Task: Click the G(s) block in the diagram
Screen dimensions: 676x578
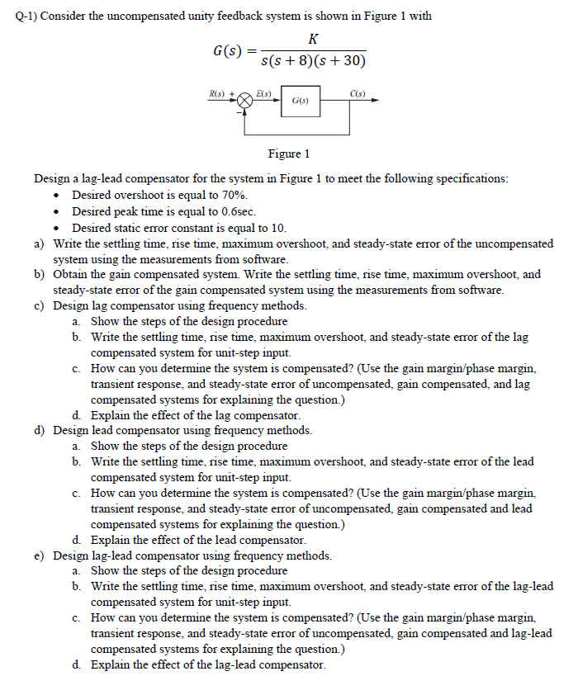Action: click(x=300, y=101)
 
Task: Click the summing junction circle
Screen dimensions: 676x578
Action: click(x=245, y=101)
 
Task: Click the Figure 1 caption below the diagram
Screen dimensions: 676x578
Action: click(x=289, y=154)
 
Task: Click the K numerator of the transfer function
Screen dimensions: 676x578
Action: click(x=313, y=39)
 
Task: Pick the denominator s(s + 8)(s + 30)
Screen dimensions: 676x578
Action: click(x=313, y=60)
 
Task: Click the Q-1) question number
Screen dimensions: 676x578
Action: click(x=30, y=16)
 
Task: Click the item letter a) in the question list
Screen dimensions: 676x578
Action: click(x=39, y=243)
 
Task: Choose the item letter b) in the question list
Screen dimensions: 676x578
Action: click(x=39, y=274)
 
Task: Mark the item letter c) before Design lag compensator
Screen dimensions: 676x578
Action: click(x=39, y=305)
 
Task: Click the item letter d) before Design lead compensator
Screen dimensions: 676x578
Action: click(x=39, y=430)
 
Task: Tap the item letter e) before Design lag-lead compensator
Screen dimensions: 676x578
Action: click(x=39, y=555)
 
